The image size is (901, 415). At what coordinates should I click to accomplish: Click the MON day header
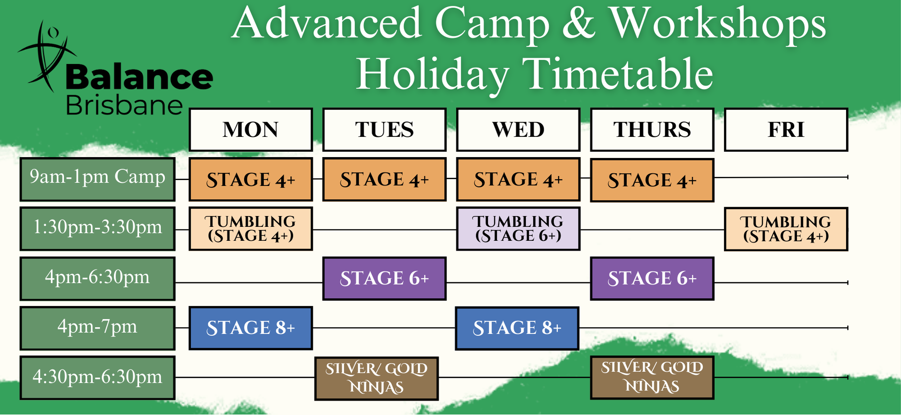(250, 130)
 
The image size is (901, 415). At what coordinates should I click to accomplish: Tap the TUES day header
(384, 130)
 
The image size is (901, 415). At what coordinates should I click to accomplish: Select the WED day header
(518, 130)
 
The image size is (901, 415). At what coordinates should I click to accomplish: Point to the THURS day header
(652, 130)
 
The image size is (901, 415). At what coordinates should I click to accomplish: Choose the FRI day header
(786, 130)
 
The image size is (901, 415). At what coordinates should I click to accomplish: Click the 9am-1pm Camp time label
(97, 179)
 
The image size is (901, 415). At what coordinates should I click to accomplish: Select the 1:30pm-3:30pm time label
(97, 229)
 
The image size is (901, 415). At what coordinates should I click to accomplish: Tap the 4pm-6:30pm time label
(97, 279)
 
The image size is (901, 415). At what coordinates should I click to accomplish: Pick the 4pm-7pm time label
(97, 328)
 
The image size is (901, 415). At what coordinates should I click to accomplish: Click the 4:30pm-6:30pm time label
(97, 378)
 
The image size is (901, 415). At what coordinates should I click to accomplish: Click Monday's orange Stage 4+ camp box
(250, 180)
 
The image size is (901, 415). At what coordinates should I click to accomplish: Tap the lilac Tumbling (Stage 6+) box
(518, 229)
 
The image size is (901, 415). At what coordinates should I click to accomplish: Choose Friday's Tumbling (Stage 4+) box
(786, 229)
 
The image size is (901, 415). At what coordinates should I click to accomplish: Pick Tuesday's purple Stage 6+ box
(384, 279)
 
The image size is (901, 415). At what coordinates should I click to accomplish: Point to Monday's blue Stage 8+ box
(250, 328)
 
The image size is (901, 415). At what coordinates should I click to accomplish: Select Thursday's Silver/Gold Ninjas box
(652, 378)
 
